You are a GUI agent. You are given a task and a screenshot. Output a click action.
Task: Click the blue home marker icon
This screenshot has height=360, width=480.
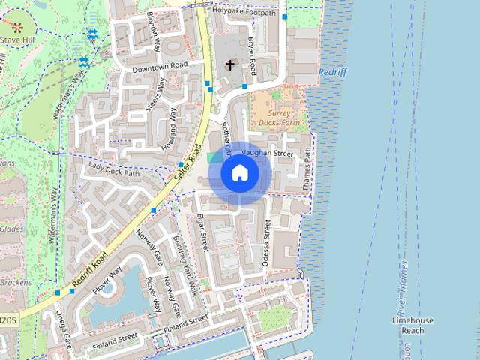pos(239,173)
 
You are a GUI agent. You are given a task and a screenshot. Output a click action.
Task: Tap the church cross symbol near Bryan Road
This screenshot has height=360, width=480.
pos(229,66)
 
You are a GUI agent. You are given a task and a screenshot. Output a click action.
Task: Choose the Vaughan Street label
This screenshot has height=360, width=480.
pos(267,153)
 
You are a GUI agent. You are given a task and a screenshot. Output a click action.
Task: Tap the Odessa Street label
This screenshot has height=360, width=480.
pos(268,243)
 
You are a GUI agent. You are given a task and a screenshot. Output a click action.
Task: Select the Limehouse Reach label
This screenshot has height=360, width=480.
pos(412,325)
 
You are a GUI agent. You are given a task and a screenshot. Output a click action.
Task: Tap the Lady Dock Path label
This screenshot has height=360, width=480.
pos(114,169)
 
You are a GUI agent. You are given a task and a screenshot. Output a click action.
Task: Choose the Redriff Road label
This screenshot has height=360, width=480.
pos(96,256)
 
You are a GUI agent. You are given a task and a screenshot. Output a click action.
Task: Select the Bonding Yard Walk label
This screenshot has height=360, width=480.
pos(184,259)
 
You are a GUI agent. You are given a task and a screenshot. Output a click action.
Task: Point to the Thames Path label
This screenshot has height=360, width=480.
pos(306,168)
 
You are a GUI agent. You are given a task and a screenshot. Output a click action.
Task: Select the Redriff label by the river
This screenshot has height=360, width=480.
pos(332,72)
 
